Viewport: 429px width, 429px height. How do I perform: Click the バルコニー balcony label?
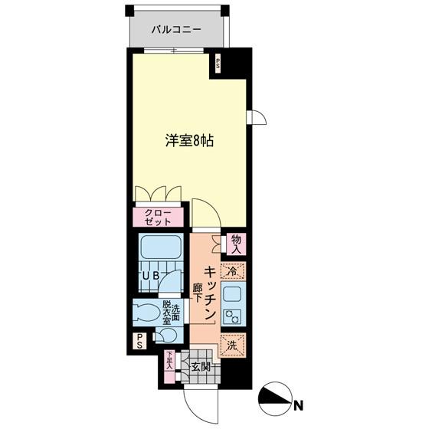[176, 30]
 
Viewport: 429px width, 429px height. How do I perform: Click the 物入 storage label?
[235, 244]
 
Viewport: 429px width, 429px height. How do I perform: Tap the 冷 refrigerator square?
[232, 270]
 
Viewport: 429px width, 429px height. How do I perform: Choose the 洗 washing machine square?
[231, 345]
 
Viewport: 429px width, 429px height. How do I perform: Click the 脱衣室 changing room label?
[167, 313]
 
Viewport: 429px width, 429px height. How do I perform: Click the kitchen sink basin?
[231, 293]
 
